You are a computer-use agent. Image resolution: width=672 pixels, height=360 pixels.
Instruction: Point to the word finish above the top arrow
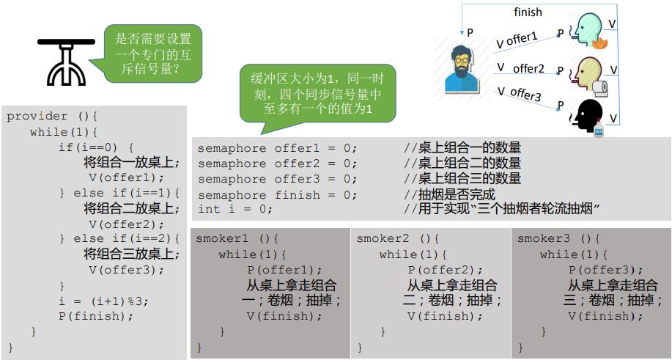528,12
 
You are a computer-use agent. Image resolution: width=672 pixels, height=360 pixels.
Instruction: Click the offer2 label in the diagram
528,68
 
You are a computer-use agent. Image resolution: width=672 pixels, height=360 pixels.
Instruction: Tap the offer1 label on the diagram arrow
521,37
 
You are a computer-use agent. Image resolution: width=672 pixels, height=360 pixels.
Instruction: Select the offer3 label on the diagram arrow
525,94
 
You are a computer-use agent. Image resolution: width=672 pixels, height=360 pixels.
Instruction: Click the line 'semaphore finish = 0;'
278,195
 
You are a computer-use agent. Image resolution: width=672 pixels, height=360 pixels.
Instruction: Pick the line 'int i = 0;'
235,209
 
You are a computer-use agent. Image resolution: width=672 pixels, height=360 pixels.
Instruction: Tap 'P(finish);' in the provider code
97,316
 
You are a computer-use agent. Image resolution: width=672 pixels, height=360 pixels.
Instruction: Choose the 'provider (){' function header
52,117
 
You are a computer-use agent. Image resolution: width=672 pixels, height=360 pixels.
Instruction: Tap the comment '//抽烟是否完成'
449,195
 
